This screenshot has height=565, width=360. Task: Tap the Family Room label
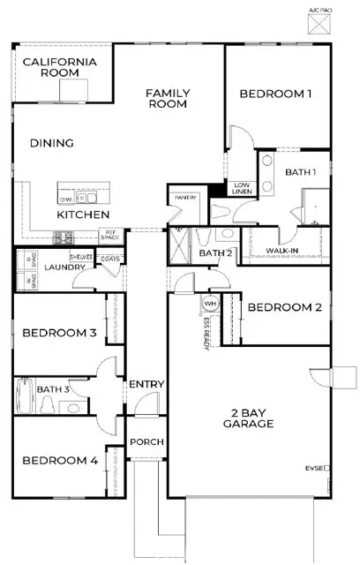[x=169, y=98]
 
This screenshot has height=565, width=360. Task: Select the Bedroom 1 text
[x=275, y=94]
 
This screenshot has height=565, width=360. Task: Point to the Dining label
[x=51, y=143]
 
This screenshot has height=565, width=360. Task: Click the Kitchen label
[x=83, y=215]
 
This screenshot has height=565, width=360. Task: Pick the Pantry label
[x=185, y=198]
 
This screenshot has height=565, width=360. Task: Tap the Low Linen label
[x=241, y=186]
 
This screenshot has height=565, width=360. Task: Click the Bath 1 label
[x=303, y=173]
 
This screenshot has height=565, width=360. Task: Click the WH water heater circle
[x=210, y=304]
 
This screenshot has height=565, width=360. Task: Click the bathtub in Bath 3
[x=26, y=396]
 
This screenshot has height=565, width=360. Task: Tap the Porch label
[x=144, y=441]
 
